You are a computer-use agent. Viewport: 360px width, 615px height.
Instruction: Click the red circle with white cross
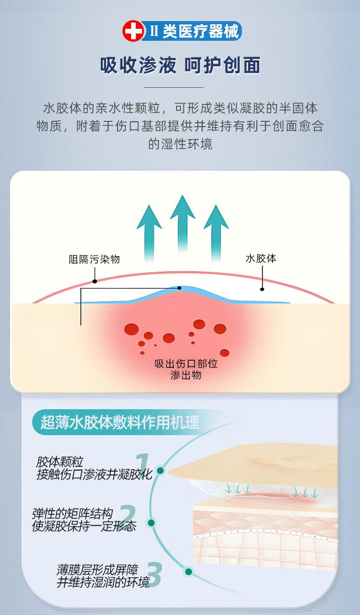click(133, 31)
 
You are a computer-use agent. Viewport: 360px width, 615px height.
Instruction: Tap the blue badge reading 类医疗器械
click(192, 31)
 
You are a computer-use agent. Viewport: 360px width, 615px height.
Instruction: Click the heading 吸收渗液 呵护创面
click(180, 65)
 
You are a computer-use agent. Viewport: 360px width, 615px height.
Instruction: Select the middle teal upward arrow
click(182, 223)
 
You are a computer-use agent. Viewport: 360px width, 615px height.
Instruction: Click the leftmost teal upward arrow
click(149, 233)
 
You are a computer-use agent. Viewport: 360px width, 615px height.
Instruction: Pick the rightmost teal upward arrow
click(216, 233)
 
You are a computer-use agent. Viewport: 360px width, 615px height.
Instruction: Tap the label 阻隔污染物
click(94, 259)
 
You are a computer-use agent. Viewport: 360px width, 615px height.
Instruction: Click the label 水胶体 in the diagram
click(261, 259)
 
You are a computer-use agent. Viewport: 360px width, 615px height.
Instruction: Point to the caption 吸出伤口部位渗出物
click(186, 369)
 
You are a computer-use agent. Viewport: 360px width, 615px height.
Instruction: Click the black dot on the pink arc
click(95, 281)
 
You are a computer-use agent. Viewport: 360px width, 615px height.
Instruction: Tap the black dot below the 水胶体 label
click(262, 289)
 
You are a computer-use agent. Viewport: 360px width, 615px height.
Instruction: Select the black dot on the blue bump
click(180, 288)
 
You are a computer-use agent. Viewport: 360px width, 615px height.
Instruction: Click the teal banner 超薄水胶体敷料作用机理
click(120, 422)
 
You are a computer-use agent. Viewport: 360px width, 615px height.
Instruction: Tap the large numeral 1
click(143, 466)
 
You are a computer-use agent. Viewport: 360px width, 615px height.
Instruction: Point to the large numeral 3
click(155, 574)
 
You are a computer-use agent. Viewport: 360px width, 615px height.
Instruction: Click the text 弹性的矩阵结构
click(72, 514)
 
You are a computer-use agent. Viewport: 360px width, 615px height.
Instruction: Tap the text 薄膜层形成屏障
click(97, 570)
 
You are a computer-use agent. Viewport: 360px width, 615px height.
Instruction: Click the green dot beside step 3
click(189, 572)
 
